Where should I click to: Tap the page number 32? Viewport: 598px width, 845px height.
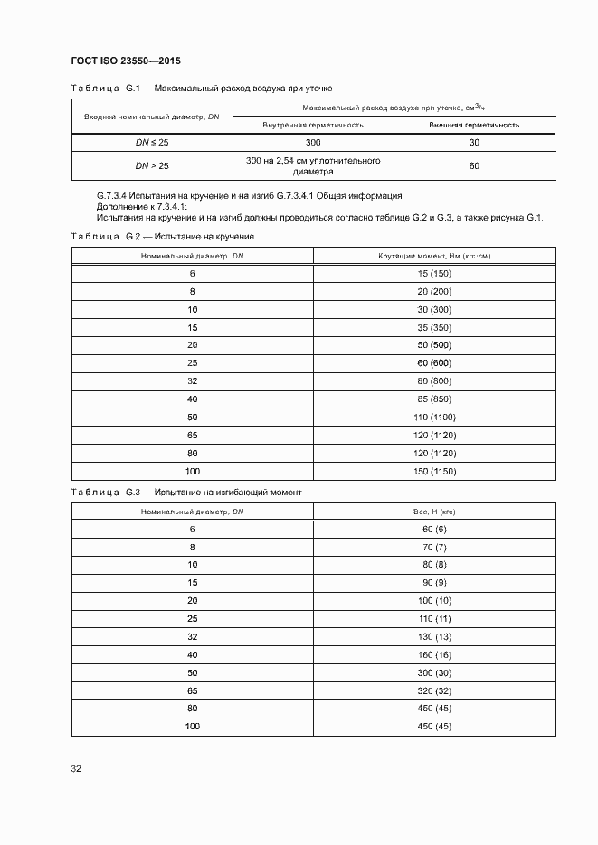click(77, 768)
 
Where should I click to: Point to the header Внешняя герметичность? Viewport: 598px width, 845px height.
click(474, 125)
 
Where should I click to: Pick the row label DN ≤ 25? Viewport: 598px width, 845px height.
click(152, 143)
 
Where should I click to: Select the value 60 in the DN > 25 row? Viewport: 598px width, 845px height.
click(474, 166)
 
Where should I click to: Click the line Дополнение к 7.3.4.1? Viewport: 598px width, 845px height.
click(140, 206)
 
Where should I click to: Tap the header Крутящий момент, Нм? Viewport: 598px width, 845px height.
click(434, 257)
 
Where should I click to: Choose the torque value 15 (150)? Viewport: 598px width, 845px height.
click(434, 274)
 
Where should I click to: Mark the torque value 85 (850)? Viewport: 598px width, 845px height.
click(434, 399)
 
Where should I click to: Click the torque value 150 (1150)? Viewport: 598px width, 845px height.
click(434, 472)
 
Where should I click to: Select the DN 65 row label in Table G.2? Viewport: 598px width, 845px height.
click(192, 436)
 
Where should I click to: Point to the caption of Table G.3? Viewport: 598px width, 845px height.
click(186, 492)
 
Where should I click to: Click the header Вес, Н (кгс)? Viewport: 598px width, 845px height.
click(434, 512)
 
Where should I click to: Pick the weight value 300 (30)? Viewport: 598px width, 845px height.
click(434, 672)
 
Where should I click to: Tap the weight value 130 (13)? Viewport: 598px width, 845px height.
click(434, 636)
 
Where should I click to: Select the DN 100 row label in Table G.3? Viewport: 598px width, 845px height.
click(192, 727)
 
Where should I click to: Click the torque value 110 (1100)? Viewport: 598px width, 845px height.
click(434, 418)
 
